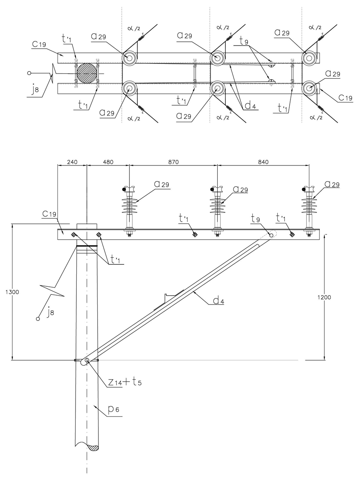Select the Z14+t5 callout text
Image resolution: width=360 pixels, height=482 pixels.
pos(124,382)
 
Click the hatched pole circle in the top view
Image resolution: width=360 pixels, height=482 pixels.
pos(87,73)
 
